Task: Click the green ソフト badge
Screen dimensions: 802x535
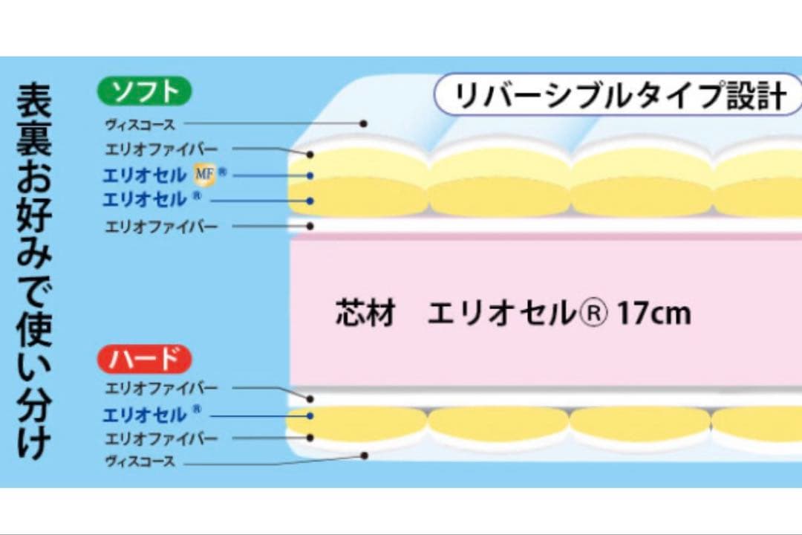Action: (144, 91)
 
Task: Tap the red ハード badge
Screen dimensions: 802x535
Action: (144, 359)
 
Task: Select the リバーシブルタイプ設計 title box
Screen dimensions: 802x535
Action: (618, 94)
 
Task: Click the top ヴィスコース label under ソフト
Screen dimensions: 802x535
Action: (140, 124)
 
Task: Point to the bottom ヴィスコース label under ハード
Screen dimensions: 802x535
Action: (140, 461)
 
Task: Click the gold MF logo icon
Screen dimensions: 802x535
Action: (205, 175)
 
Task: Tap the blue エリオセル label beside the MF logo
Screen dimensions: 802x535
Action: (145, 175)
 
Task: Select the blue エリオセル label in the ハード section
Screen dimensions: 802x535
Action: (145, 415)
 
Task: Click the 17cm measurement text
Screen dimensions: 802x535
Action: (654, 314)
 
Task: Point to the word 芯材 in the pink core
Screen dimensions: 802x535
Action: (366, 314)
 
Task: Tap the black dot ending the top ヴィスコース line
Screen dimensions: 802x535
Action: (363, 123)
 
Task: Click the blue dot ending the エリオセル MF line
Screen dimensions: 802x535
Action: (310, 175)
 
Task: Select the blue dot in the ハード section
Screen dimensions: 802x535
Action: (310, 415)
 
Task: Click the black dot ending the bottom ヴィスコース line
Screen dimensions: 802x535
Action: (364, 455)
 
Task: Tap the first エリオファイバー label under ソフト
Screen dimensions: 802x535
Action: (162, 149)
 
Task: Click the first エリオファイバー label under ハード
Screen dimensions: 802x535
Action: (162, 389)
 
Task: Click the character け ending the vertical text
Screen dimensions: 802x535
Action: (34, 441)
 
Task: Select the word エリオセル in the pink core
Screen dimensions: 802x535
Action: (502, 314)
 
